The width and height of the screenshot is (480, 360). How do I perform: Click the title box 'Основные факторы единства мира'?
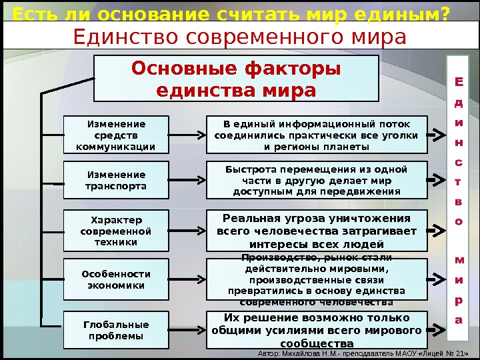pyautogui.click(x=235, y=79)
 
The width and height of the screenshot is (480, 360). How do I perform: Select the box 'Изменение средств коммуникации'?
pyautogui.click(x=116, y=135)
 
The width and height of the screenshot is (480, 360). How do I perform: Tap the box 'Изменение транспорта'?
pyautogui.click(x=116, y=181)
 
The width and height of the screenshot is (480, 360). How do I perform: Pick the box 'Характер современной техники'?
pyautogui.click(x=116, y=231)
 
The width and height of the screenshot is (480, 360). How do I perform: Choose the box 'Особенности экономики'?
pyautogui.click(x=116, y=279)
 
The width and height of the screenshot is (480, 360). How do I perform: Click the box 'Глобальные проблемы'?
pyautogui.click(x=116, y=330)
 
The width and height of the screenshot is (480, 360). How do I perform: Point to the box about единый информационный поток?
pyautogui.click(x=316, y=135)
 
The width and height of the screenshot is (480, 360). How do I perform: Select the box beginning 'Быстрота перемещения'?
pyautogui.click(x=316, y=180)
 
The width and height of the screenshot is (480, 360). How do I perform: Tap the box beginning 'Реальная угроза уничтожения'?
pyautogui.click(x=316, y=231)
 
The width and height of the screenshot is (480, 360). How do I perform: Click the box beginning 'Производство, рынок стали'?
pyautogui.click(x=316, y=280)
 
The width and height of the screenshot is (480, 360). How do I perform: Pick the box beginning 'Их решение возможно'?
pyautogui.click(x=316, y=330)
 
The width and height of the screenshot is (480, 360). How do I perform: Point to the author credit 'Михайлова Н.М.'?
pyautogui.click(x=313, y=353)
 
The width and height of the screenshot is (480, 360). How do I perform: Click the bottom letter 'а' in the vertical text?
pyautogui.click(x=458, y=320)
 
